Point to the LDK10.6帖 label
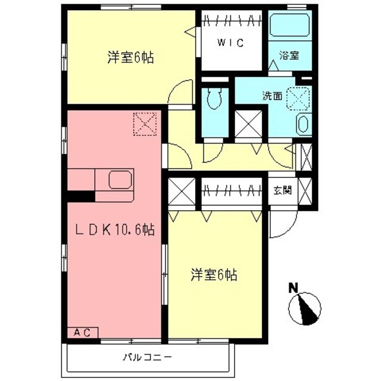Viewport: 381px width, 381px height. pyautogui.click(x=114, y=230)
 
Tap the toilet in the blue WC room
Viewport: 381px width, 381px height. pyautogui.click(x=214, y=99)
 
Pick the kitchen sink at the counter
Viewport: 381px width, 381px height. pyautogui.click(x=120, y=180)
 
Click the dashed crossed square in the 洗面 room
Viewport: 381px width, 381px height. pyautogui.click(x=299, y=98)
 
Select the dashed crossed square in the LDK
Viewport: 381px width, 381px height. pyautogui.click(x=145, y=124)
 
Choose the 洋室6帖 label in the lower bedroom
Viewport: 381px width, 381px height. pyautogui.click(x=214, y=274)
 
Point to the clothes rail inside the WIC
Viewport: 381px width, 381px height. pyautogui.click(x=230, y=23)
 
